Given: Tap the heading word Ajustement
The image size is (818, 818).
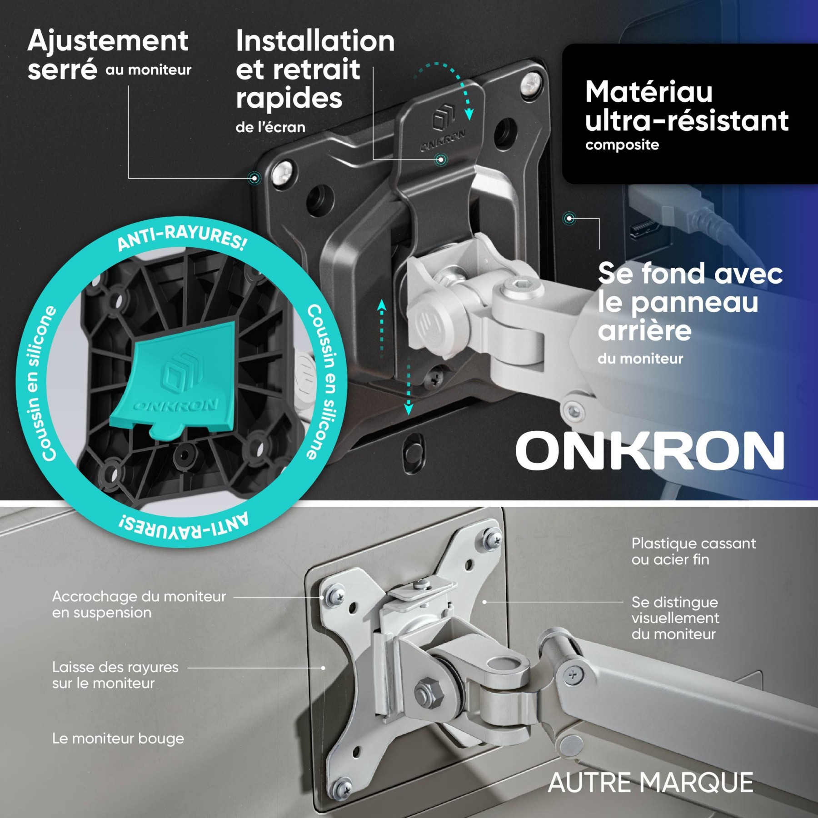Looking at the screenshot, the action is (x=108, y=41).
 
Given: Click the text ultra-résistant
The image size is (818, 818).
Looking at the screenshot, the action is (x=687, y=120).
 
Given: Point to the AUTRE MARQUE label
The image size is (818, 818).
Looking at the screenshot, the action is (x=650, y=783).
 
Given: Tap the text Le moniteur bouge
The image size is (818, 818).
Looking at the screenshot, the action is (x=118, y=738).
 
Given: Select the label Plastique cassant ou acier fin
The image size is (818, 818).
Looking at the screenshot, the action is (x=693, y=551).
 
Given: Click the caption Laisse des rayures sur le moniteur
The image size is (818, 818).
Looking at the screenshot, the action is (x=115, y=675).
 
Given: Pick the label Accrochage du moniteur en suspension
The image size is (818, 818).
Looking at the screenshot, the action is (x=139, y=604).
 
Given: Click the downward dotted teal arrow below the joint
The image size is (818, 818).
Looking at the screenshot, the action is (x=409, y=386).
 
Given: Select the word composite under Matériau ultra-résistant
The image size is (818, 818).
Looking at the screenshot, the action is (x=622, y=145).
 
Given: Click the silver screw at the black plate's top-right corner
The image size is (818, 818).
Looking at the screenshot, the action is (x=530, y=85).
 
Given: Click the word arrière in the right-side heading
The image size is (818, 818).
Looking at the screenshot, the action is (x=644, y=330).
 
